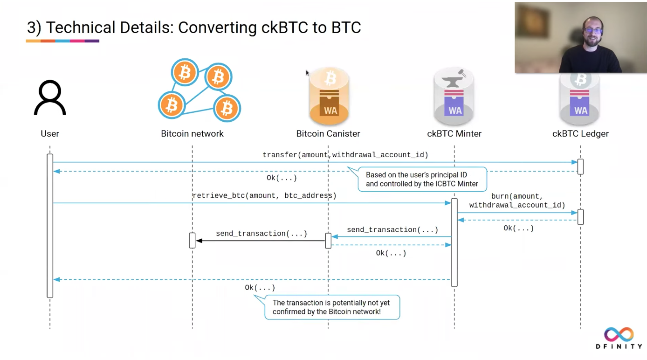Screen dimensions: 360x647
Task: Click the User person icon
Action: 50,98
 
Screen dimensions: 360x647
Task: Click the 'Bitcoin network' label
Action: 192,134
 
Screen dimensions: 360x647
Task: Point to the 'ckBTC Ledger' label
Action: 580,134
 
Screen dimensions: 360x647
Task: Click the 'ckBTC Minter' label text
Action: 454,134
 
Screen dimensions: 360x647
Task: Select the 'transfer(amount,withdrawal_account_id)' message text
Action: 345,155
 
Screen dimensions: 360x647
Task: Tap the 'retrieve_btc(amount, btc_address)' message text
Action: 264,195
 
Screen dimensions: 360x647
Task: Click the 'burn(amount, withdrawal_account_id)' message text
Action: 517,201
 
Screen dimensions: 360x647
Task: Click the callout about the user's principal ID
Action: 422,180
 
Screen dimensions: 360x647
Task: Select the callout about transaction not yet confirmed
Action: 331,307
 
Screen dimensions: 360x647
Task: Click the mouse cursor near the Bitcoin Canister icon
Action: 308,73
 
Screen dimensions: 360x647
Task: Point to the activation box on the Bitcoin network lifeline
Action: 192,241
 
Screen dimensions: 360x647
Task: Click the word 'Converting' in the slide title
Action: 217,28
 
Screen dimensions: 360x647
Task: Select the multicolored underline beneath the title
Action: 62,41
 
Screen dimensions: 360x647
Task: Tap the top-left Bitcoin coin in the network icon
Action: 185,73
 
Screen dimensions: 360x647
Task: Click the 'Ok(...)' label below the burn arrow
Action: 518,228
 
